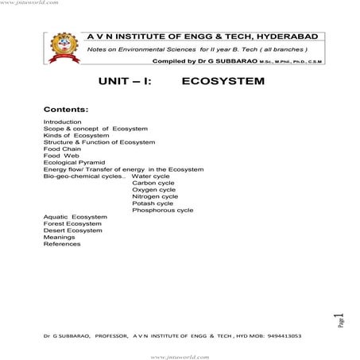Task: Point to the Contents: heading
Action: point(66,108)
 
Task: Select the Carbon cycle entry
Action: point(153,183)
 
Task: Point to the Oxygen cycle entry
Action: point(154,190)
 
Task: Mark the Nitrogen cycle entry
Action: point(155,197)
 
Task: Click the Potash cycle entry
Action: point(153,203)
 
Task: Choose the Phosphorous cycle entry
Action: point(163,211)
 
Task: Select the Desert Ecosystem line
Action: point(73,230)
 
